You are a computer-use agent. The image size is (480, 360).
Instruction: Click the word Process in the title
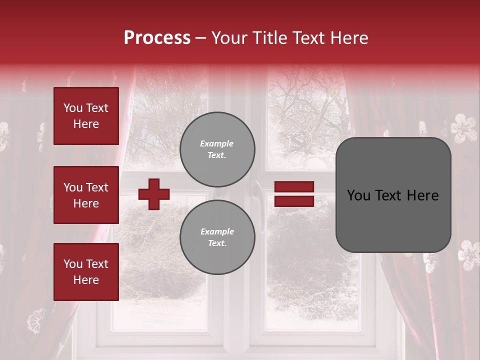coord(157,38)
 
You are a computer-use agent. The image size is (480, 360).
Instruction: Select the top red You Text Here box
coord(86,116)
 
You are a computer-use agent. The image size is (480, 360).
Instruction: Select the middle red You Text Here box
coord(86,195)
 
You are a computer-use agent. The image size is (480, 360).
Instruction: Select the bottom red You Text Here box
coord(86,271)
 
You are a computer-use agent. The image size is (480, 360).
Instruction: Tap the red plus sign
coord(154,194)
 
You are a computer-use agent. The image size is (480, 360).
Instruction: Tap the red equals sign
coord(294,194)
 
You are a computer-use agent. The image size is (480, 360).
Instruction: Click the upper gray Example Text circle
coord(217,149)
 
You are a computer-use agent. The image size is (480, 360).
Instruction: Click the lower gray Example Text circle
coord(217,237)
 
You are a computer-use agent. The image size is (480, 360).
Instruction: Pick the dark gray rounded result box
coord(393,195)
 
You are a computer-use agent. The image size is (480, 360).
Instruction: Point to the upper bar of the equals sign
coord(294,187)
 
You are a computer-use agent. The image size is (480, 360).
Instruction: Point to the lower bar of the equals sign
coord(294,201)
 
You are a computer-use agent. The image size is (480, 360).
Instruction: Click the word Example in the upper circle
coord(217,143)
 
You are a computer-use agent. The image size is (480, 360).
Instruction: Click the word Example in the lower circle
coord(217,231)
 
